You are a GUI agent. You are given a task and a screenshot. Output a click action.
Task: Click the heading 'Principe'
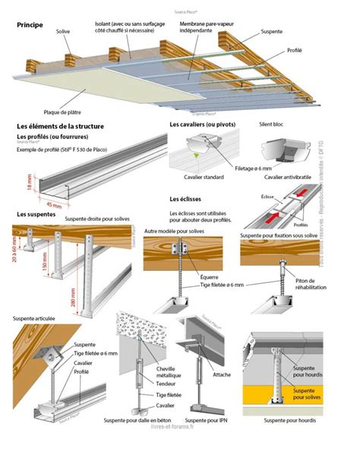(30, 25)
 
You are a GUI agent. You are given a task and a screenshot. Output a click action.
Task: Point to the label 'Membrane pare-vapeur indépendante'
(206, 28)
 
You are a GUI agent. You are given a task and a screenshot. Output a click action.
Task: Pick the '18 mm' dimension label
(20, 184)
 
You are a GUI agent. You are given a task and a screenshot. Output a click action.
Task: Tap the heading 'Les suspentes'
(36, 215)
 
